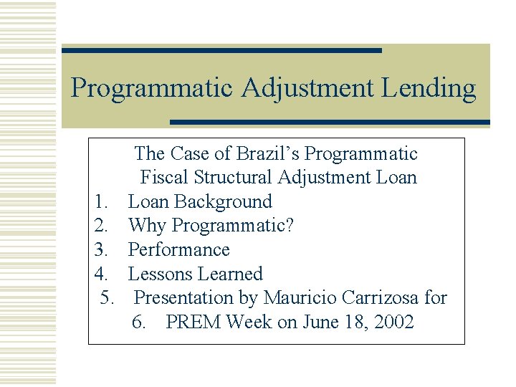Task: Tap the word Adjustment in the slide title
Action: click(x=308, y=89)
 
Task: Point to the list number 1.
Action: click(x=101, y=202)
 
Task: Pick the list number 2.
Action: click(x=101, y=226)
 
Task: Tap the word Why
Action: click(x=147, y=226)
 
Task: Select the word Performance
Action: click(x=178, y=250)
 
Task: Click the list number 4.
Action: click(x=101, y=274)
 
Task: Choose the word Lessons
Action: click(x=158, y=274)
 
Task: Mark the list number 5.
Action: click(x=107, y=297)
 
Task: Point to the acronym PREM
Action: click(x=193, y=322)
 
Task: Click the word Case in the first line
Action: click(x=190, y=154)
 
